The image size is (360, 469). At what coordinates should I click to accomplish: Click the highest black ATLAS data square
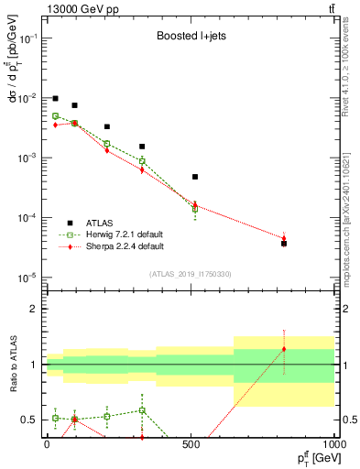(x=55, y=98)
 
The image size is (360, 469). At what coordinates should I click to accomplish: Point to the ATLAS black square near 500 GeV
(x=195, y=177)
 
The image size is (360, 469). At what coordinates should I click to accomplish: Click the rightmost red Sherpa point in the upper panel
(x=284, y=239)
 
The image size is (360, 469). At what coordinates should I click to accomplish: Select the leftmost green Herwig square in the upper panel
(x=55, y=116)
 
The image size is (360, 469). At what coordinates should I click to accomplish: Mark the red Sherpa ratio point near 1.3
(x=284, y=349)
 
